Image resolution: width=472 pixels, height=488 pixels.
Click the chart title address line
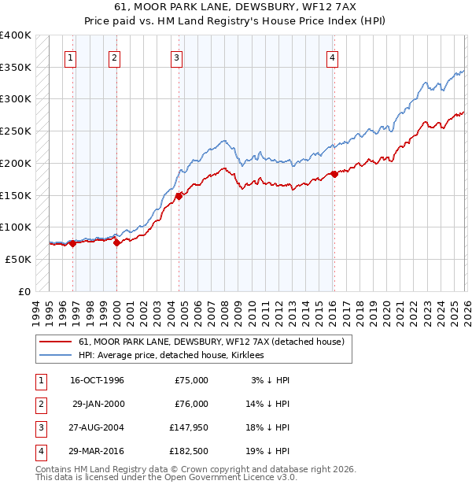coord(235,7)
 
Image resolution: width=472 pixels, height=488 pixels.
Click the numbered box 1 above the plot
coord(71,57)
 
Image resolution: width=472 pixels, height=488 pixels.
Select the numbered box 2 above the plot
coord(114,57)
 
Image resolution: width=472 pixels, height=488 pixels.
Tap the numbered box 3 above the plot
coord(176,57)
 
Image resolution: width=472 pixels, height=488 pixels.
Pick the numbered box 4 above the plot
coord(333,57)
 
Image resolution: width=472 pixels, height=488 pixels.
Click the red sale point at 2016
coord(334,174)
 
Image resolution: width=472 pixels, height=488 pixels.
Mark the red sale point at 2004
coord(179,196)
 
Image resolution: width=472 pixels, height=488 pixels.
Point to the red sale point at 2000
coord(116,242)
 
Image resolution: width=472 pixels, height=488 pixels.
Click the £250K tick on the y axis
coord(16,131)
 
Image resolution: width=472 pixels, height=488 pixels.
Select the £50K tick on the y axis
coord(18,258)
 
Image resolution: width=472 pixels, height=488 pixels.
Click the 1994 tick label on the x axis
coord(36,310)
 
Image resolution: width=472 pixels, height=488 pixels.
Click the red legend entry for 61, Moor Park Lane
coord(211,342)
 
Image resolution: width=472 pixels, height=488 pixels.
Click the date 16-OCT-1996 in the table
coord(97,380)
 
